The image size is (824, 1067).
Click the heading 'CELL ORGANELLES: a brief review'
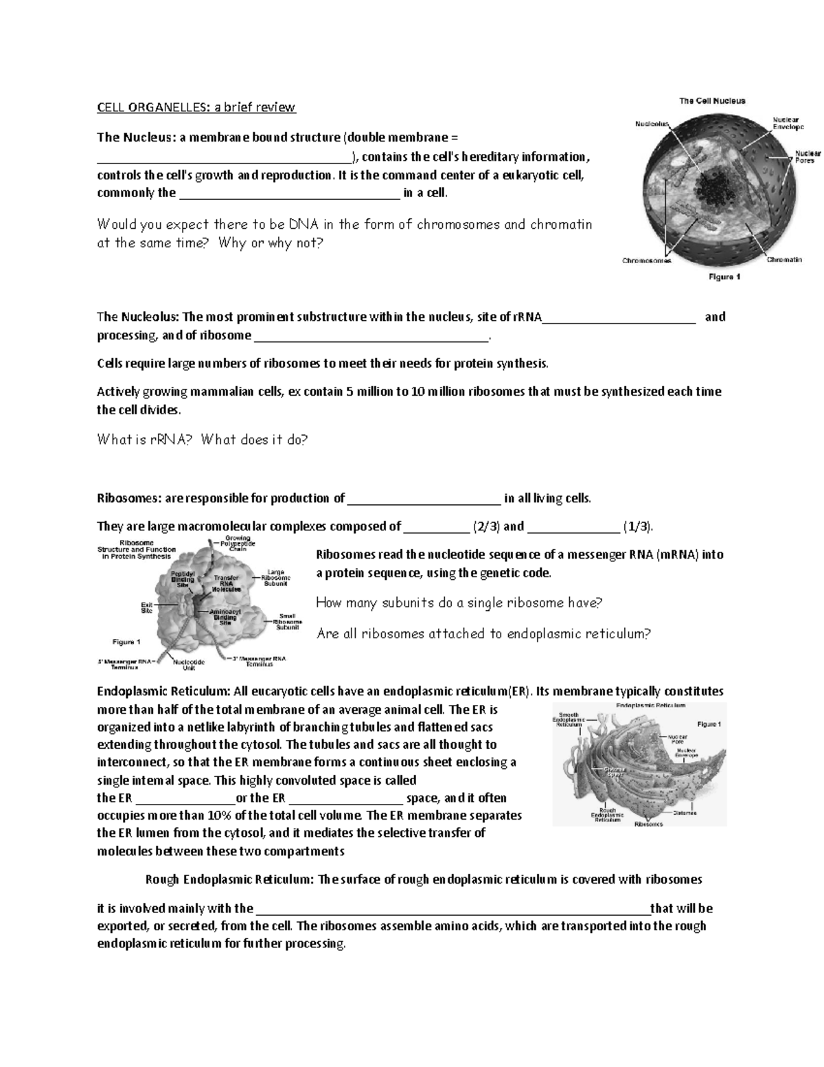click(x=196, y=107)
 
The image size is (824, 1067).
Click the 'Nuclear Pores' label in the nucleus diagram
click(x=804, y=157)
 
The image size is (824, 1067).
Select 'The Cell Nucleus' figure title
click(x=712, y=101)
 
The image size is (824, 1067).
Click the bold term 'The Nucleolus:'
click(x=138, y=317)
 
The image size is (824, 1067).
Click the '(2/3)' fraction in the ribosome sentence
click(x=486, y=527)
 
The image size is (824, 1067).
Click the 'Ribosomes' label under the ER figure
click(x=649, y=824)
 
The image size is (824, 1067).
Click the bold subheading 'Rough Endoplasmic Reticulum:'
click(x=227, y=879)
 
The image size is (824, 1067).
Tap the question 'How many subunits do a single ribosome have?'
click(x=459, y=603)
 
